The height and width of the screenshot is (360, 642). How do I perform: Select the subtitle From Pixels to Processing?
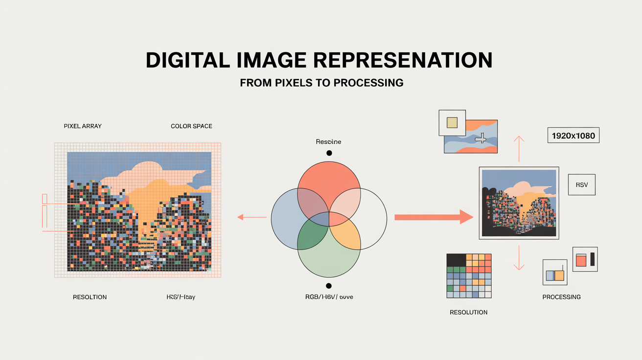pos(321,83)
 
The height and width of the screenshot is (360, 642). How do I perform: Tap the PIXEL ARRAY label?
pos(83,126)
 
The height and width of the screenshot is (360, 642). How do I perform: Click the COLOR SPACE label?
pos(191,126)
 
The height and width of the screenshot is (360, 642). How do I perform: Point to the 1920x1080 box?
pos(573,135)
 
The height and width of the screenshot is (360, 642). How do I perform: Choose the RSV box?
pos(581,184)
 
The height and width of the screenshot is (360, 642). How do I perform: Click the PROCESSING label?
pos(561,297)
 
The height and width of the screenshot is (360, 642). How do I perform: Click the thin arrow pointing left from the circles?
pos(252,217)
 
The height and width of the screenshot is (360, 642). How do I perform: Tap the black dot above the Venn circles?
pos(329,153)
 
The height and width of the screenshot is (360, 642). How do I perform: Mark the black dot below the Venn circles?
pos(328,286)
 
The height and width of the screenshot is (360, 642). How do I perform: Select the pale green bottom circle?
pos(329,264)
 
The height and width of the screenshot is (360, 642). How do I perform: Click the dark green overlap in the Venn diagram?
pos(310,237)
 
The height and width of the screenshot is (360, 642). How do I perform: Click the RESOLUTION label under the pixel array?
pos(90,297)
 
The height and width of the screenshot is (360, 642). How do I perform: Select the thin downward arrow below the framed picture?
pos(519,258)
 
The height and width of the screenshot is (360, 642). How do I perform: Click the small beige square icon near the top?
pos(452,122)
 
